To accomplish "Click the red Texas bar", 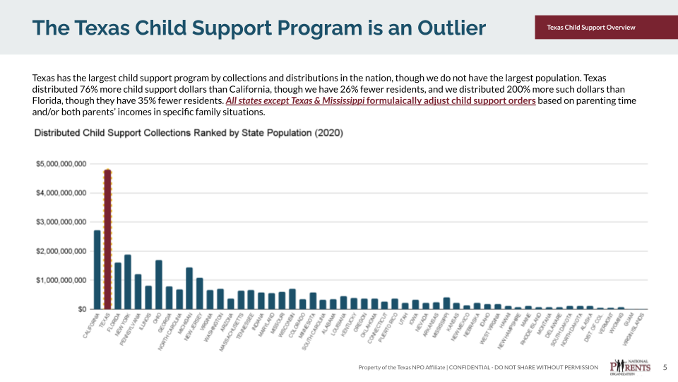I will (x=107, y=241).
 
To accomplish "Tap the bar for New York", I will (x=128, y=282).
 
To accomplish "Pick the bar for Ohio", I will (x=159, y=285).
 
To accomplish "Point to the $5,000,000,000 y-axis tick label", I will (x=61, y=164).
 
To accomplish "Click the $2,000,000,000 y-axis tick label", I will (x=61, y=251).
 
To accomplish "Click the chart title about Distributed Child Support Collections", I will (x=189, y=133).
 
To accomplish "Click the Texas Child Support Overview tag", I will (x=591, y=28).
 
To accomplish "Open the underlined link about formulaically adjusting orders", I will (x=380, y=101).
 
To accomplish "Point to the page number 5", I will (x=665, y=367).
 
